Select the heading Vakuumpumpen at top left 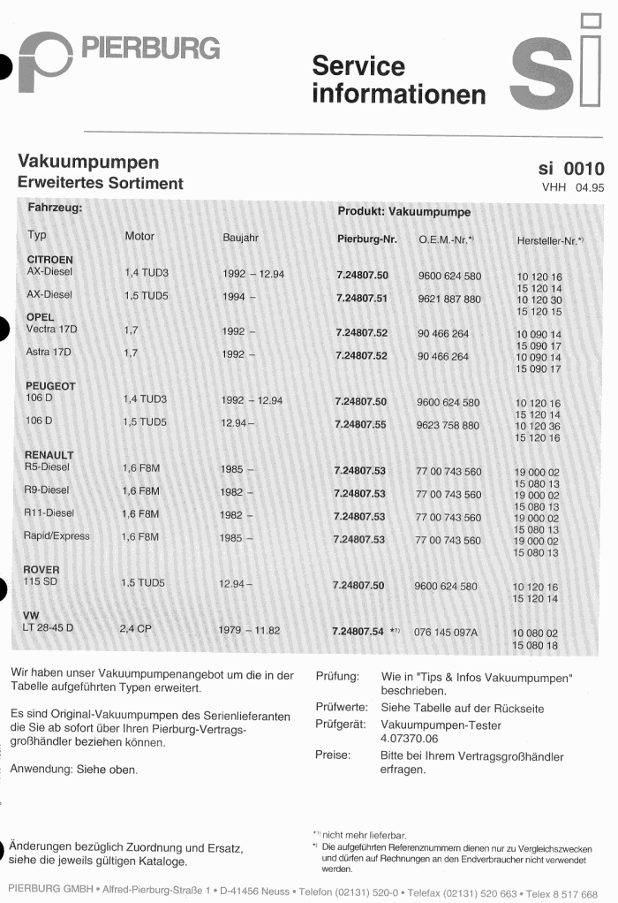pos(88,163)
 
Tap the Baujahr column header pos(240,237)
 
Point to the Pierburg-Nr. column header pos(367,239)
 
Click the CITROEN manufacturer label pos(50,259)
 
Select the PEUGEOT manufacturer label pos(49,386)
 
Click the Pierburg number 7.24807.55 pos(360,424)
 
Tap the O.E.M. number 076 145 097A pos(446,632)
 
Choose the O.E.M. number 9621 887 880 pos(449,299)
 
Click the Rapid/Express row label pos(57,535)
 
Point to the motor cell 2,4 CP pos(135,629)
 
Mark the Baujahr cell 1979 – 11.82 pos(248,630)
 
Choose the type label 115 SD pos(41,582)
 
